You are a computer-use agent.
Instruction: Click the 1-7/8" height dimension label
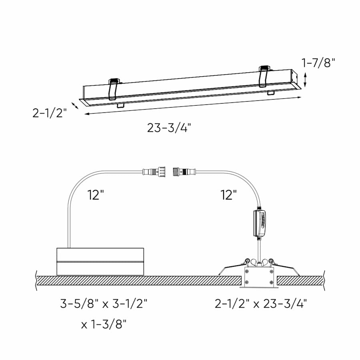click(318, 63)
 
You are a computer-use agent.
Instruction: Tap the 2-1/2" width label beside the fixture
click(49, 113)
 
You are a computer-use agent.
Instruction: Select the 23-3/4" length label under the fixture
click(169, 128)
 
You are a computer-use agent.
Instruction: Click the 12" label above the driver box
click(96, 195)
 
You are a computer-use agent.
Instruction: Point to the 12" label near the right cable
click(228, 195)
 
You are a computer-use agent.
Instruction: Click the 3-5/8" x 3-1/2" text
click(104, 304)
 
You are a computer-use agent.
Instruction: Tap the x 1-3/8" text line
click(104, 324)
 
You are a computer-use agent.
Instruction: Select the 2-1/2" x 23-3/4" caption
click(261, 304)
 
